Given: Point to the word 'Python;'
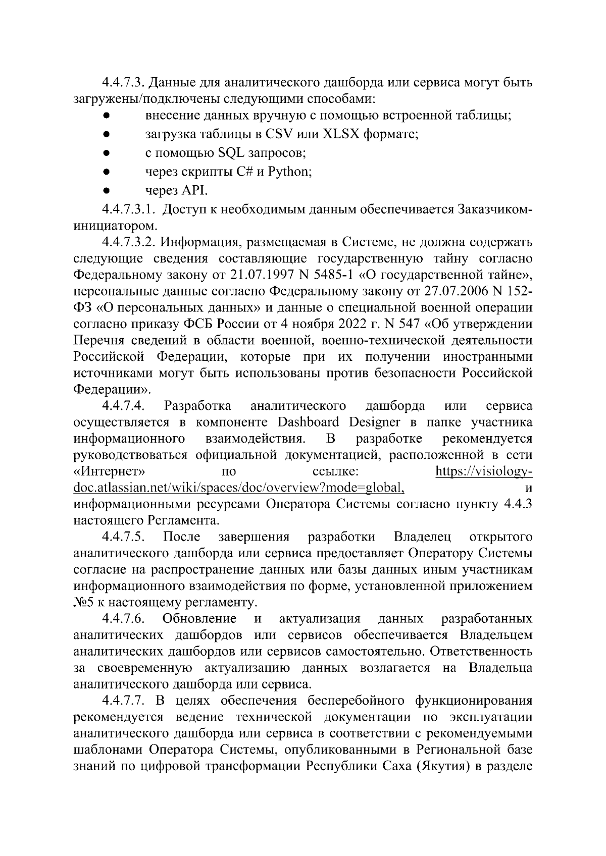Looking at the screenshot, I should pos(289,172).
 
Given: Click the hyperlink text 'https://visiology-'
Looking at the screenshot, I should pos(483,472).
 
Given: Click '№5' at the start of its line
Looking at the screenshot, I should pos(82,602).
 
